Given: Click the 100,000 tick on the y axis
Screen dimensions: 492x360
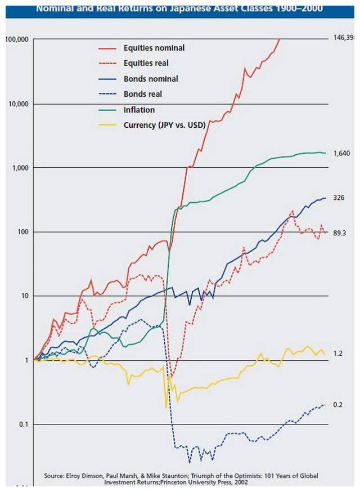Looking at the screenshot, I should [x=17, y=40].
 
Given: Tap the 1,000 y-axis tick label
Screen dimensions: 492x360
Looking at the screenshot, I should [x=20, y=168].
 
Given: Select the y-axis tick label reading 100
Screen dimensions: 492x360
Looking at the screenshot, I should [x=22, y=232].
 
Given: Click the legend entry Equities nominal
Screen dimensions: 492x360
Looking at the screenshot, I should [x=154, y=48].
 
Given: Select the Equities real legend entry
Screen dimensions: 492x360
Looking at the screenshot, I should [x=146, y=64].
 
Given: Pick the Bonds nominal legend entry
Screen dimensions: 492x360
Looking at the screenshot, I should [x=151, y=79].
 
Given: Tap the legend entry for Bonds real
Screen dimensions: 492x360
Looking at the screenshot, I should [x=143, y=94].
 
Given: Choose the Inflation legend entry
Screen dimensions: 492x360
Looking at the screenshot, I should [x=139, y=110].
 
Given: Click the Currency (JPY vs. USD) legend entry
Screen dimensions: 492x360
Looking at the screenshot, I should [x=164, y=125].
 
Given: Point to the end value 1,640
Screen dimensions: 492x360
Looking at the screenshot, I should [x=342, y=154].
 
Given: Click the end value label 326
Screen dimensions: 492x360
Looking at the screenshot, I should [x=339, y=198].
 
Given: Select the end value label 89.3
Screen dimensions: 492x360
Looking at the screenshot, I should [x=340, y=232].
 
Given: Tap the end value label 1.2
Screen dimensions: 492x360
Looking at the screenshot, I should [x=337, y=354].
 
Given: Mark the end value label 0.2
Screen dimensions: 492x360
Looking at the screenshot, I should [x=337, y=405].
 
